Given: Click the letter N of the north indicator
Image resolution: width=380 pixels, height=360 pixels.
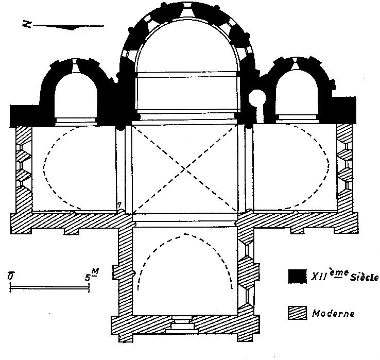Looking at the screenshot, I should (x=26, y=23).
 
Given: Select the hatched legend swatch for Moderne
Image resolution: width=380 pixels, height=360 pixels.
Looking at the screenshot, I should (x=297, y=312).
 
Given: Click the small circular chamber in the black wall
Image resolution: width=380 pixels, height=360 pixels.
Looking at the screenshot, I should (x=256, y=96).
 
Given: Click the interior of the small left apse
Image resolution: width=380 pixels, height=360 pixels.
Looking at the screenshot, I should (x=76, y=95).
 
